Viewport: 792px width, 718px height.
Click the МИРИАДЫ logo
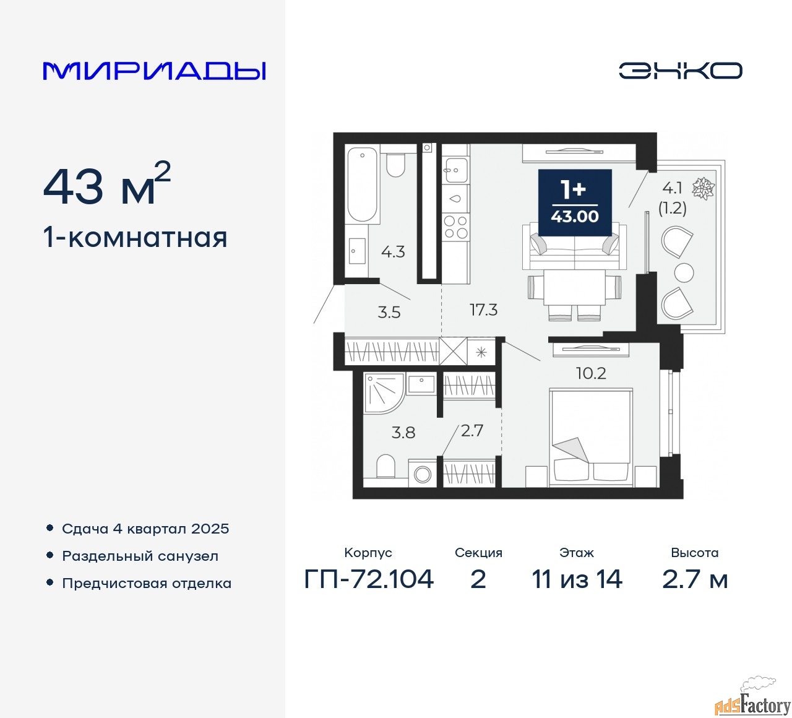154,71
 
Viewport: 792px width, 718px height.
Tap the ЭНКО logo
680,71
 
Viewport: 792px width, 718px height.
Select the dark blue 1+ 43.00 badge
575,202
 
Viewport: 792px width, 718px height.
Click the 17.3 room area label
484,310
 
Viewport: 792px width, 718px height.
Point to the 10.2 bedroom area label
591,373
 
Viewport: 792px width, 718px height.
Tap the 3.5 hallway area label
389,313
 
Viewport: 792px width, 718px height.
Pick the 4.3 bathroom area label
394,251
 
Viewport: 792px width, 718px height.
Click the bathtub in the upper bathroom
362,184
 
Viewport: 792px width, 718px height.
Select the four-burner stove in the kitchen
455,227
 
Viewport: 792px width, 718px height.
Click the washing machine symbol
423,473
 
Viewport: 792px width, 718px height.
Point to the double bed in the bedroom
591,438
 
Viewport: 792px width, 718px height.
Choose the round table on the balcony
684,272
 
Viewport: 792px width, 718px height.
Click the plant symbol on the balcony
704,188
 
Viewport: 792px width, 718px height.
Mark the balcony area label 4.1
672,188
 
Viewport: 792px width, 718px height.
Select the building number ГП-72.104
369,579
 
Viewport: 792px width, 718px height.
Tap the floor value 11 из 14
577,579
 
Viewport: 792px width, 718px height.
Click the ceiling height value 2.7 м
695,579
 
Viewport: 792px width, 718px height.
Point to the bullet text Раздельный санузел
140,556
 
